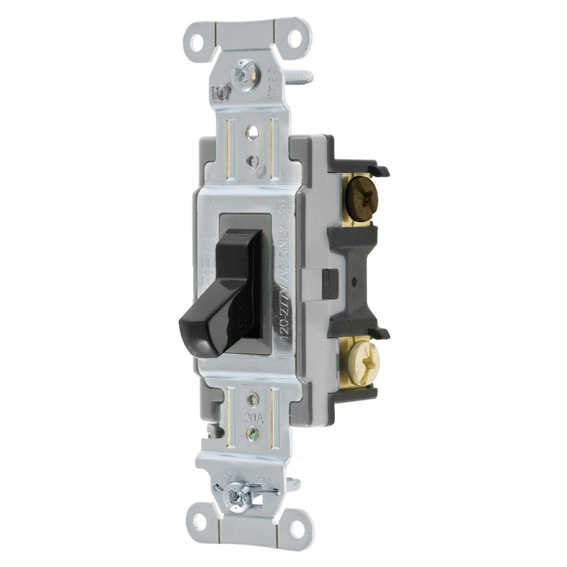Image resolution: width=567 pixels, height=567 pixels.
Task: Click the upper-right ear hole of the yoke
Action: click(295, 38)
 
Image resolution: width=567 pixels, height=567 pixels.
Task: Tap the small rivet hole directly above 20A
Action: click(252, 398)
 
